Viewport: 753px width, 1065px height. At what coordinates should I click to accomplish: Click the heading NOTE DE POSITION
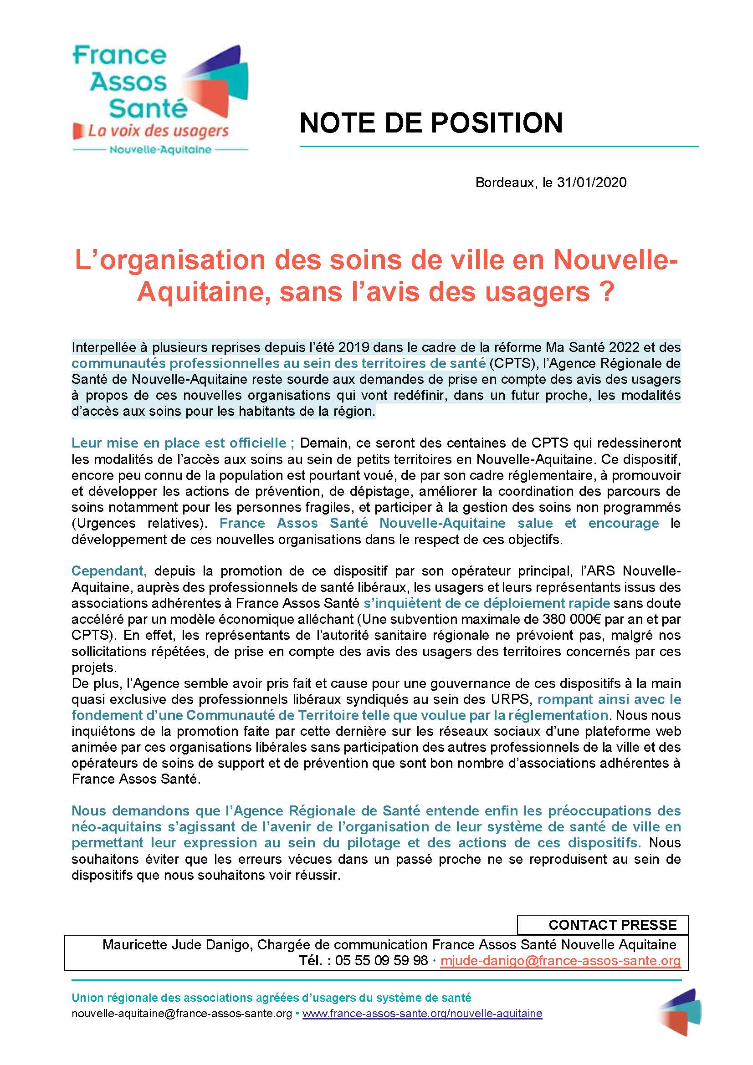(x=431, y=123)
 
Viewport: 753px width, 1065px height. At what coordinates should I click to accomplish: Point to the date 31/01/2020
(x=592, y=182)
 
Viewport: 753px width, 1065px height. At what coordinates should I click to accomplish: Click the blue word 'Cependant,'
(x=109, y=571)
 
